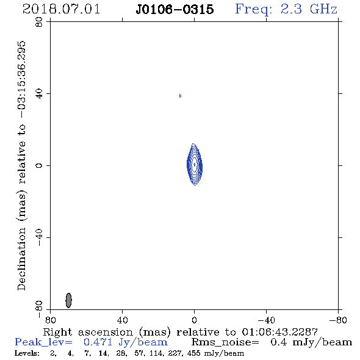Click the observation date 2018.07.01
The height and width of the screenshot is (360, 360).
pyautogui.click(x=61, y=9)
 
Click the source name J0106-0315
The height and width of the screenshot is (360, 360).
pyautogui.click(x=175, y=10)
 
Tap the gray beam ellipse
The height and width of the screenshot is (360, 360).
pyautogui.click(x=68, y=300)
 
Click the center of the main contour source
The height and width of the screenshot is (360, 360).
pyautogui.click(x=195, y=164)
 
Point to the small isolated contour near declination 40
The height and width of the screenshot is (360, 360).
pyautogui.click(x=180, y=96)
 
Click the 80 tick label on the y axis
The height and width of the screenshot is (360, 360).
pyautogui.click(x=39, y=22)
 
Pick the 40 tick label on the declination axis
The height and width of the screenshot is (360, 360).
pyautogui.click(x=39, y=94)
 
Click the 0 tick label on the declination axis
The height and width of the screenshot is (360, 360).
pyautogui.click(x=39, y=165)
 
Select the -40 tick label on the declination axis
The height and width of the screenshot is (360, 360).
pyautogui.click(x=39, y=237)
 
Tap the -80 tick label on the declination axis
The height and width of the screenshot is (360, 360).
pyautogui.click(x=39, y=309)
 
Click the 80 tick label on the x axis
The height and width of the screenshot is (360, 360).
pyautogui.click(x=50, y=320)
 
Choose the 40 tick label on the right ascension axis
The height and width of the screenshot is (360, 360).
pyautogui.click(x=123, y=320)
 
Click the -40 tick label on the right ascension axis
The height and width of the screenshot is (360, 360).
pyautogui.click(x=266, y=320)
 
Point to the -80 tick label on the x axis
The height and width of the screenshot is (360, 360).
pyautogui.click(x=338, y=320)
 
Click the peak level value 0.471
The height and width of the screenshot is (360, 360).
pyautogui.click(x=98, y=342)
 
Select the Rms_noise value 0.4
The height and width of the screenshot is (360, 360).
pyautogui.click(x=278, y=342)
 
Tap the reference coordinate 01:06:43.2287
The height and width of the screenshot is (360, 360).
pyautogui.click(x=279, y=332)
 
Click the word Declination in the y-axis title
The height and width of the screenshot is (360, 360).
pyautogui.click(x=21, y=259)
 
